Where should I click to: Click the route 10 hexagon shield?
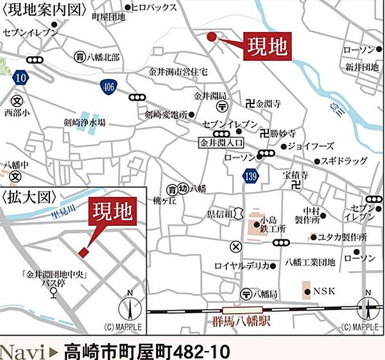[21, 77]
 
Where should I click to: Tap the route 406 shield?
[108, 85]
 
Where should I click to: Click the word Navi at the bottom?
[24, 350]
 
